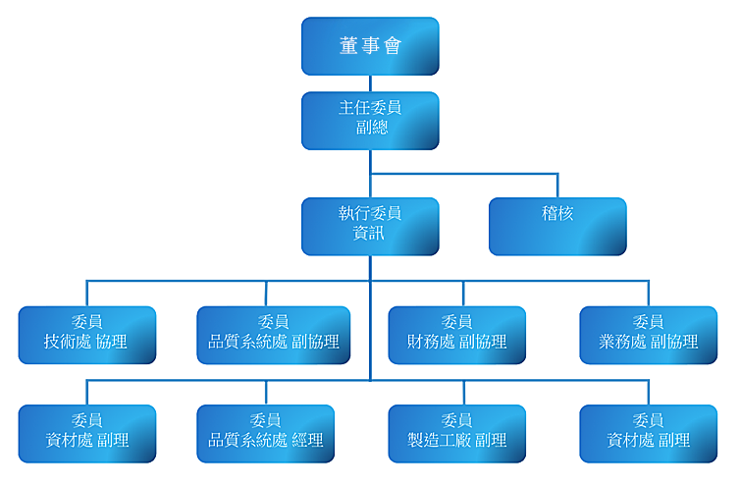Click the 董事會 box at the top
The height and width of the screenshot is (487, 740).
pyautogui.click(x=370, y=46)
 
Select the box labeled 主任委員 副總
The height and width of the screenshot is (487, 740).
pyautogui.click(x=370, y=121)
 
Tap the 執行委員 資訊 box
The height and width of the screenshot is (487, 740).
pyautogui.click(x=370, y=227)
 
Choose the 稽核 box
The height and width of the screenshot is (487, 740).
pyautogui.click(x=557, y=227)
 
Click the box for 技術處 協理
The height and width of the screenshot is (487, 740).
pyautogui.click(x=86, y=336)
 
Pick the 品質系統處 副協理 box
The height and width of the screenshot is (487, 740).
pyautogui.click(x=273, y=336)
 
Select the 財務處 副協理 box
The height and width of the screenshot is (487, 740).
pyautogui.click(x=456, y=336)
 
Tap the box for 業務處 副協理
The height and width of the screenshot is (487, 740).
pyautogui.click(x=649, y=336)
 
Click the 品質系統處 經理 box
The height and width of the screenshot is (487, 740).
pyautogui.click(x=265, y=434)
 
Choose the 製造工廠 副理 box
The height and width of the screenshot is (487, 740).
pyautogui.click(x=456, y=434)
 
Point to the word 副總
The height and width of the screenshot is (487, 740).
pyautogui.click(x=372, y=127)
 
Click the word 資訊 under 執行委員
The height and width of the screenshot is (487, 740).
pyautogui.click(x=369, y=233)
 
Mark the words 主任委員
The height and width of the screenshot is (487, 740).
pyautogui.click(x=370, y=108)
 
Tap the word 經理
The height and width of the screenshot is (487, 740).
pyautogui.click(x=307, y=440)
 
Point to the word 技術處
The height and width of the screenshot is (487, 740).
pyautogui.click(x=68, y=342)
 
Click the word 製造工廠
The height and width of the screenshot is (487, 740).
pyautogui.click(x=439, y=440)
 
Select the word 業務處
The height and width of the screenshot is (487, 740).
pyautogui.click(x=622, y=342)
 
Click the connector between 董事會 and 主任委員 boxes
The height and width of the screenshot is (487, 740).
pyautogui.click(x=370, y=83)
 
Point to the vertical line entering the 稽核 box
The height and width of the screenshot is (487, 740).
pyautogui.click(x=557, y=186)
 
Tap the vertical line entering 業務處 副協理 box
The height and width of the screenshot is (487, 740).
pyautogui.click(x=649, y=294)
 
